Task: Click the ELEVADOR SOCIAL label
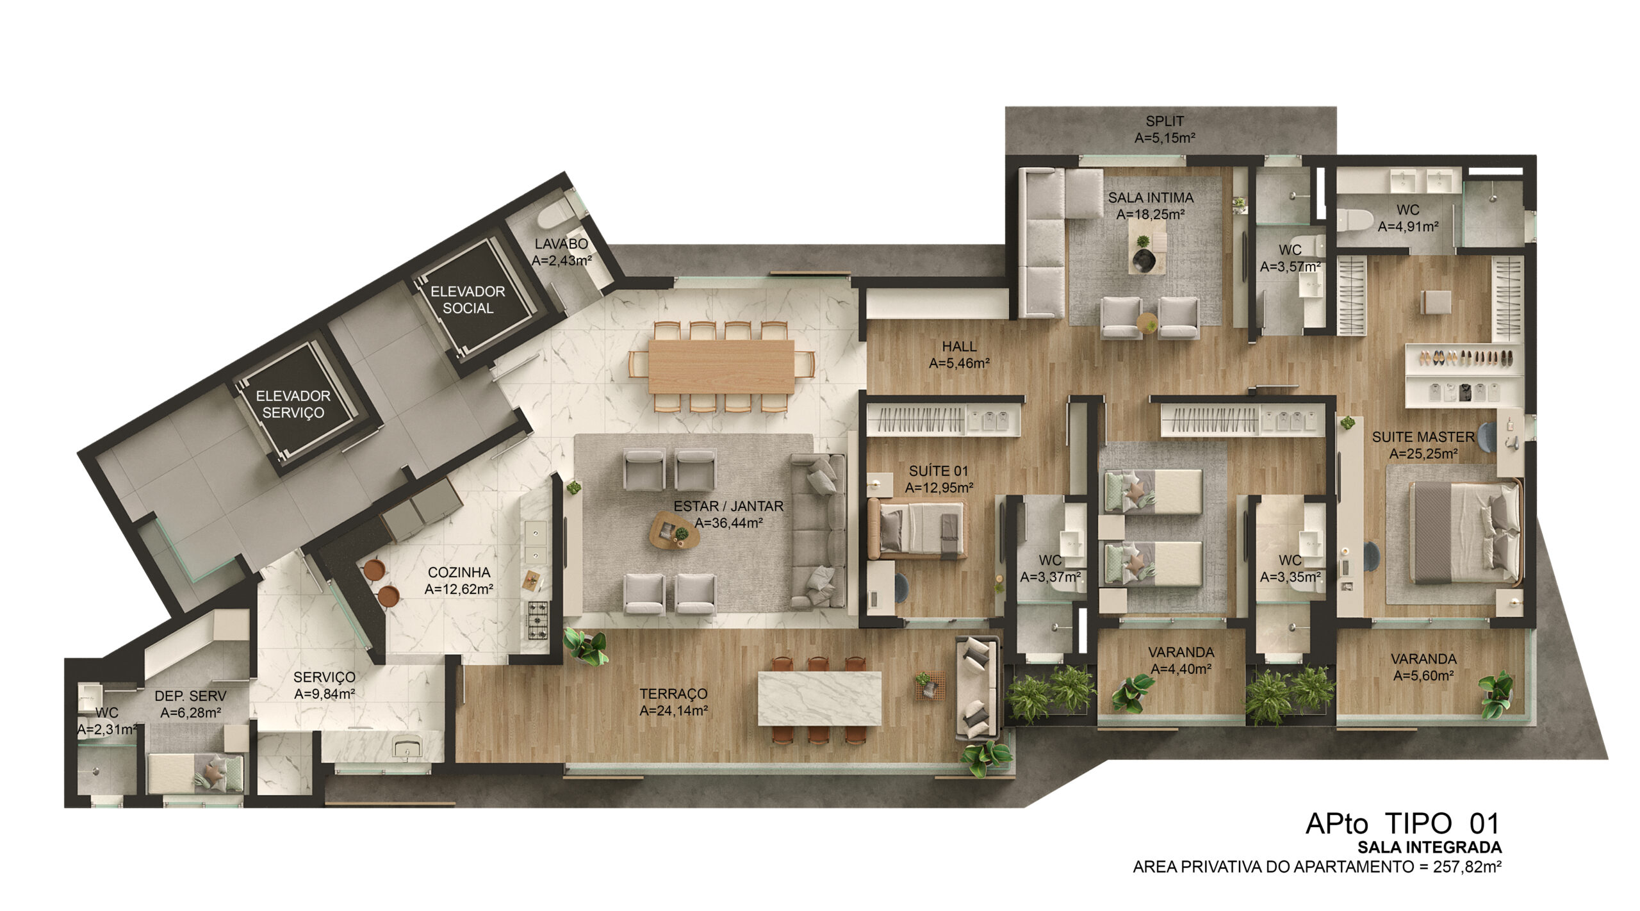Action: (x=468, y=300)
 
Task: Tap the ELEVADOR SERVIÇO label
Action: (x=293, y=404)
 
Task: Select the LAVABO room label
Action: (x=561, y=244)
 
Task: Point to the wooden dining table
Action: (x=721, y=366)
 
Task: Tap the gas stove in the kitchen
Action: (x=537, y=620)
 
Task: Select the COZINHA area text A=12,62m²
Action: (x=459, y=589)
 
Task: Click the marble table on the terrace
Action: (x=819, y=698)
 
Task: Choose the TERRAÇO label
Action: (x=673, y=694)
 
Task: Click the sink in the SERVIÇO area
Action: (x=406, y=746)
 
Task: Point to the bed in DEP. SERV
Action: (x=195, y=773)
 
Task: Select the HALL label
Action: (x=959, y=347)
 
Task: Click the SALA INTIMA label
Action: (x=1151, y=198)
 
